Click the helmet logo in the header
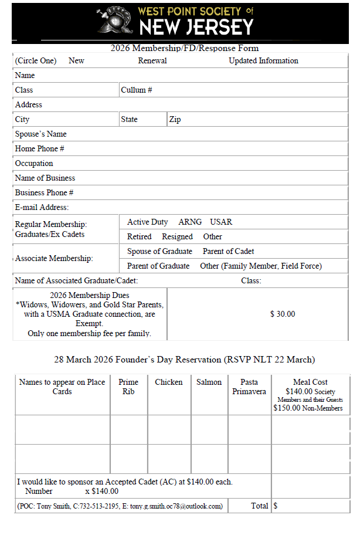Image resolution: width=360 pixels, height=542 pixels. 115,21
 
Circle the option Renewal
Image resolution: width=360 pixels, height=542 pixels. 152,61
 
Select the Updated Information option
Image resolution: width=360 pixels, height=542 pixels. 263,61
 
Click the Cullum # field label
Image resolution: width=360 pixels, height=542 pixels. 137,90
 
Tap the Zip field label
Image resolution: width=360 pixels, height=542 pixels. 175,120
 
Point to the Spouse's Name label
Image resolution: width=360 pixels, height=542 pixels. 41,134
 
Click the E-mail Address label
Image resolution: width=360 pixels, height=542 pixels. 42,208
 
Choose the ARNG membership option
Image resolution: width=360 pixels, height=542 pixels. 190,222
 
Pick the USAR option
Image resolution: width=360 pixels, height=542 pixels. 221,222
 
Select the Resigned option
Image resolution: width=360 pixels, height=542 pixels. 177,237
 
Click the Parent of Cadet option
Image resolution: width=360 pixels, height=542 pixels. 228,252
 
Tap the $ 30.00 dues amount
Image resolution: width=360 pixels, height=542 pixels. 283,314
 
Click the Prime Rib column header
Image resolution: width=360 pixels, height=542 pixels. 128,387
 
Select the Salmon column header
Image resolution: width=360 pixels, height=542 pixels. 209,382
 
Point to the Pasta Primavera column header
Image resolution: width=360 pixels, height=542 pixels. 249,387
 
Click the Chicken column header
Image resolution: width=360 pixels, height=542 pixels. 169,382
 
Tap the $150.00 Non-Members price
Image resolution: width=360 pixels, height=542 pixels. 308,408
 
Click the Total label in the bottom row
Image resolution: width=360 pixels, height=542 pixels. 259,506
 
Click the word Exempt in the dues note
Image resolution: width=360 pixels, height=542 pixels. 90,324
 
